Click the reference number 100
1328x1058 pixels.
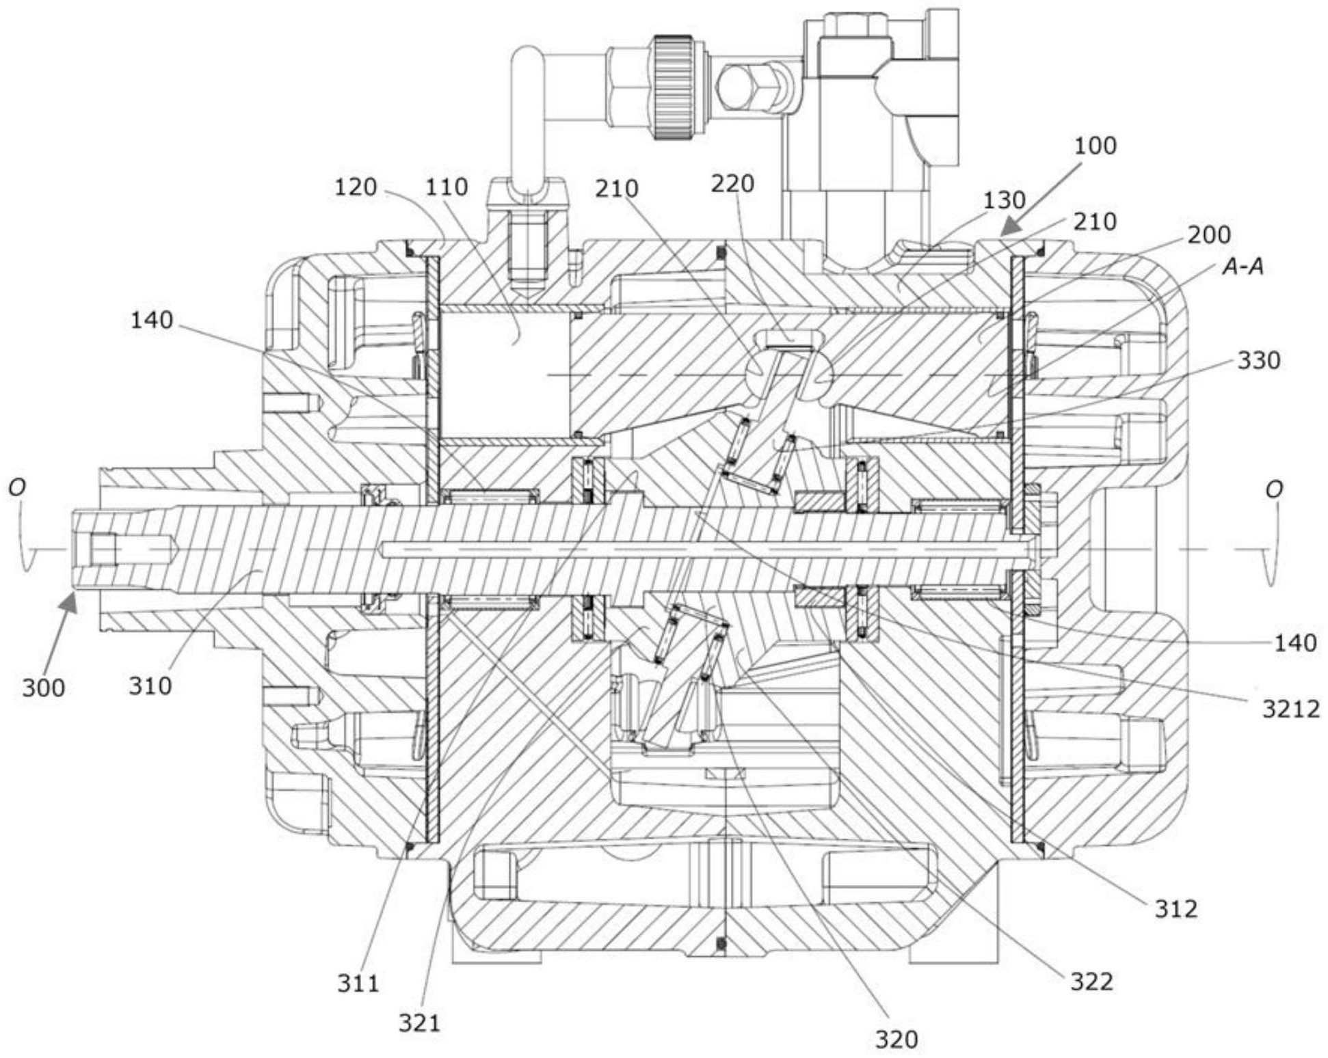click(1095, 146)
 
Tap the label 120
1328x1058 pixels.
click(355, 187)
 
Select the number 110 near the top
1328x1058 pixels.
click(447, 187)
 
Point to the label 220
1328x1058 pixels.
click(732, 183)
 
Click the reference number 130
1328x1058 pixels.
click(1004, 200)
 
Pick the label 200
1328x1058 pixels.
click(1209, 234)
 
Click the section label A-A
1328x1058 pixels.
click(1243, 267)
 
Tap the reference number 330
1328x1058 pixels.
click(1259, 360)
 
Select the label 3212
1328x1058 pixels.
click(1291, 709)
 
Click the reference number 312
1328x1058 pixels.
click(1176, 908)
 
